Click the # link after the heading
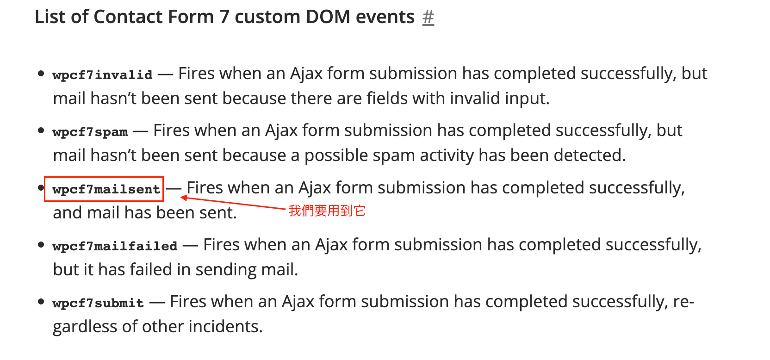(428, 17)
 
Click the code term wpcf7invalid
(102, 74)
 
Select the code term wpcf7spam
(90, 132)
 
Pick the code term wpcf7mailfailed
(115, 246)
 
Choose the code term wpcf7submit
(98, 303)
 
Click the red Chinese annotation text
(327, 211)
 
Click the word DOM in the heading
(328, 17)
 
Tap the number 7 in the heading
(224, 17)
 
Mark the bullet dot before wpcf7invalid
(41, 74)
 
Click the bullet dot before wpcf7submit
(41, 302)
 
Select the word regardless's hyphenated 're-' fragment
(683, 302)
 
